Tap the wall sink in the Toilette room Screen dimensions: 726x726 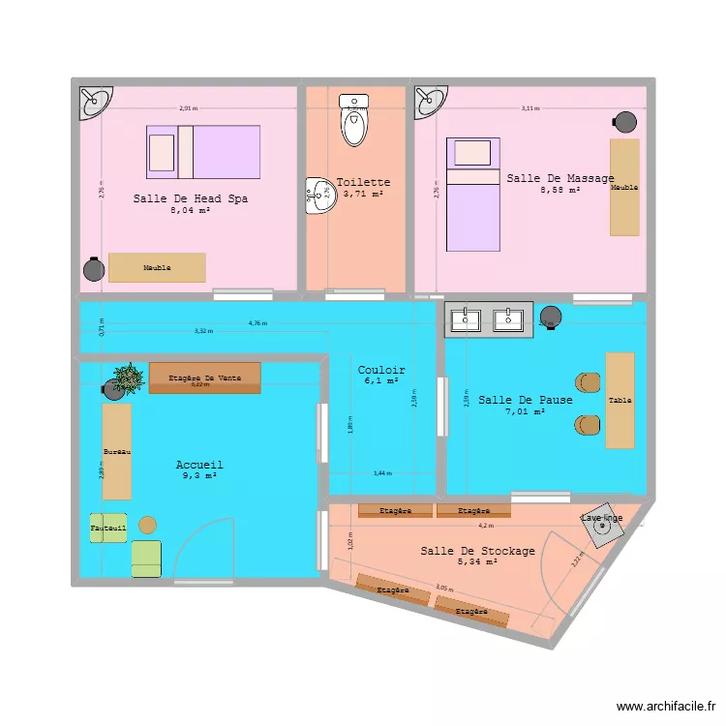317,197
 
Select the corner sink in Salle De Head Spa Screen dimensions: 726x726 96,100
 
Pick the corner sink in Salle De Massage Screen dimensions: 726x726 430,100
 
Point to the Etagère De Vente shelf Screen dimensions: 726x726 204,378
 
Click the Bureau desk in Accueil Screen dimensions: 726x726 117,451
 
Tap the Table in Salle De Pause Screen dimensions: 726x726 620,401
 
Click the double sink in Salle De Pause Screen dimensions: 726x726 488,318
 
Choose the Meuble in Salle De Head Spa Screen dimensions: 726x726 157,268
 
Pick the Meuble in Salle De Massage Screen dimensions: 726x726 624,187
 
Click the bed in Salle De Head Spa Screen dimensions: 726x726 203,152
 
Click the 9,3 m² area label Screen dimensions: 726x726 199,476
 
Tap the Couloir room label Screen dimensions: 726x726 381,370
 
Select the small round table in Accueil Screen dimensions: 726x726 147,525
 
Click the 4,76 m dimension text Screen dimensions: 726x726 257,323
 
